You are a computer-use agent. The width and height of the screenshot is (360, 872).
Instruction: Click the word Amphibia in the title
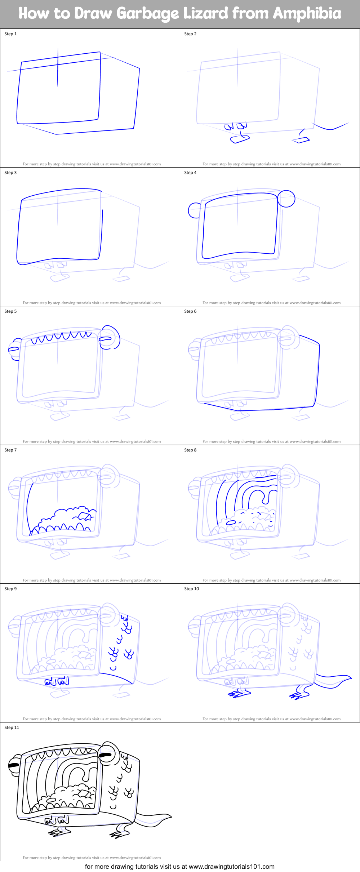pyautogui.click(x=307, y=14)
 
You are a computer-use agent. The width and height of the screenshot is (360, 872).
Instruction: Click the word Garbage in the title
pyautogui.click(x=148, y=14)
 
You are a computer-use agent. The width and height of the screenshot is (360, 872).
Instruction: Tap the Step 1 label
pyautogui.click(x=10, y=34)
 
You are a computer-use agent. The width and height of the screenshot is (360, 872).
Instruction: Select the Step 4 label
pyautogui.click(x=190, y=173)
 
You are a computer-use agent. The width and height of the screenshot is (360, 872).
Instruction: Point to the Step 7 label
pyautogui.click(x=10, y=450)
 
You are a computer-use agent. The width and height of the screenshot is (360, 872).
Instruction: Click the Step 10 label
pyautogui.click(x=191, y=589)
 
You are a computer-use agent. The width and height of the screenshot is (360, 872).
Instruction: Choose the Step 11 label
pyautogui.click(x=12, y=728)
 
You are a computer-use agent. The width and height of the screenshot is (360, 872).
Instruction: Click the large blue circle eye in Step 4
pyautogui.click(x=286, y=199)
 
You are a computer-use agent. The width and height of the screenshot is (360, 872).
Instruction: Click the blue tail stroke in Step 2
pyautogui.click(x=330, y=127)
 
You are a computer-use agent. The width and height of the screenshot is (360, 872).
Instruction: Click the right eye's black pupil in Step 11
pyautogui.click(x=106, y=755)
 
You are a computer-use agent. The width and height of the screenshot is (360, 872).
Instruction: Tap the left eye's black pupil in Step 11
pyautogui.click(x=14, y=765)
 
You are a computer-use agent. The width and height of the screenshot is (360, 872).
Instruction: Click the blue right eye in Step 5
pyautogui.click(x=109, y=338)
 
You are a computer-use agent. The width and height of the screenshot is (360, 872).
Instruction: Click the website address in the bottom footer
pyautogui.click(x=231, y=867)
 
